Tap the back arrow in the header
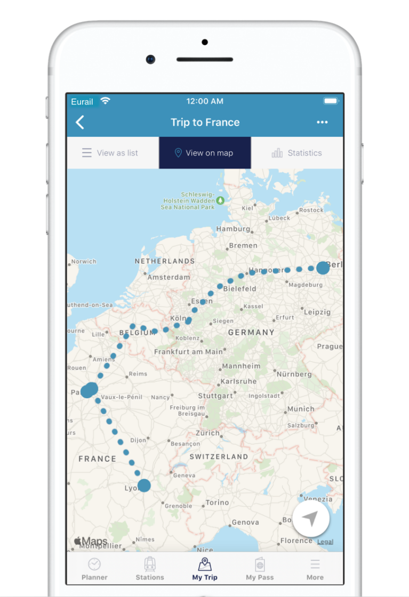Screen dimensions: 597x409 (x=80, y=123)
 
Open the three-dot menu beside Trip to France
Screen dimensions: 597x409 (x=322, y=123)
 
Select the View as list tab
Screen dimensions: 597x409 (x=110, y=153)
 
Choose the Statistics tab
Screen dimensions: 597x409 (x=297, y=153)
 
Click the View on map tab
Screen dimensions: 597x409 (x=205, y=153)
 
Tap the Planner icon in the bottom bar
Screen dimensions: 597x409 (x=94, y=568)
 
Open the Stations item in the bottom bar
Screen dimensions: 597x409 (x=150, y=568)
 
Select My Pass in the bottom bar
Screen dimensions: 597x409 (x=260, y=568)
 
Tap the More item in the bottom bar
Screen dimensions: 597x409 (x=315, y=568)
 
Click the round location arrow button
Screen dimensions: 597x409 (x=311, y=519)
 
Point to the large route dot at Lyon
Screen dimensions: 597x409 (x=144, y=486)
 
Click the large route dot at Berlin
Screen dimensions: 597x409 (x=323, y=268)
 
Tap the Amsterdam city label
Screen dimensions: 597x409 (x=169, y=277)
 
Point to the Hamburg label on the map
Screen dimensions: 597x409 (x=233, y=229)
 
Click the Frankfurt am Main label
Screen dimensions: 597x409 (x=188, y=352)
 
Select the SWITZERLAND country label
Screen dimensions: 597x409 (x=219, y=457)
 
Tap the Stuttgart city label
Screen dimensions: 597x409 (x=215, y=396)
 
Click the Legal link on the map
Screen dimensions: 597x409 (x=325, y=542)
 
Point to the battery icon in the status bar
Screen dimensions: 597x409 (x=331, y=101)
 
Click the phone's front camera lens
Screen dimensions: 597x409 (x=151, y=59)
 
